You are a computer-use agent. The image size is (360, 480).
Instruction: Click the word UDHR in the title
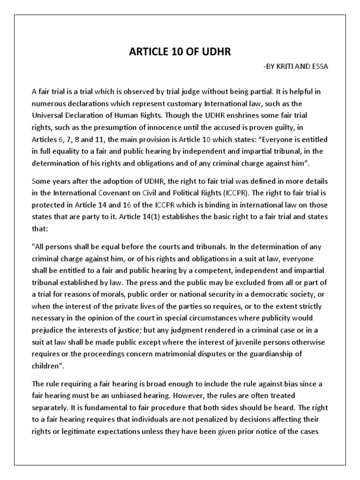pyautogui.click(x=216, y=52)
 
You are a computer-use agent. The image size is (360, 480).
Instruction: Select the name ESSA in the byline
pyautogui.click(x=319, y=66)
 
